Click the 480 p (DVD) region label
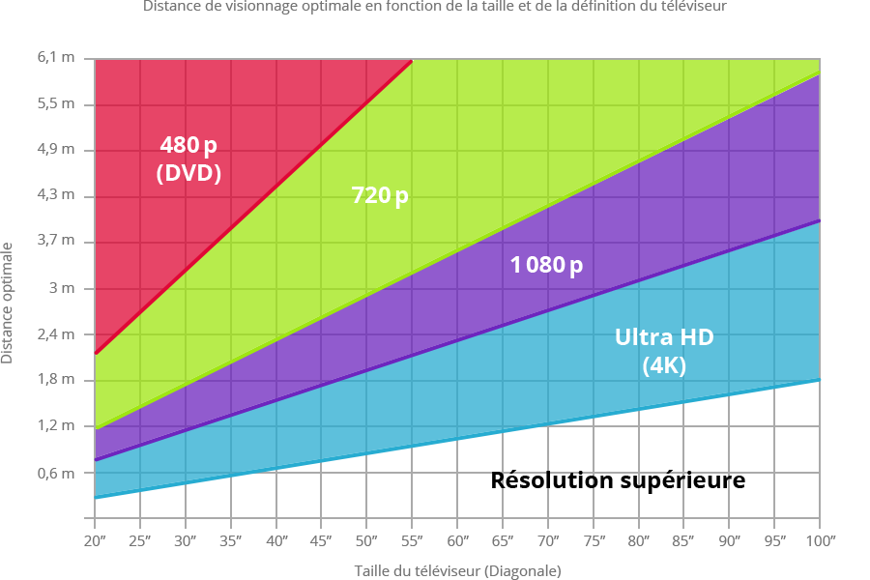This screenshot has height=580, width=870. pos(188,159)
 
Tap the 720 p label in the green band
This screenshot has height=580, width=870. pos(380,196)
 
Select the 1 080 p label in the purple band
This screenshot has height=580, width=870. pos(546,265)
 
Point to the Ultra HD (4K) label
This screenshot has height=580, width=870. pos(664,352)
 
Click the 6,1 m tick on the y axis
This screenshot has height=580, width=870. pos(55,58)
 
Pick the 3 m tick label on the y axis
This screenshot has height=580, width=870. pos(62,289)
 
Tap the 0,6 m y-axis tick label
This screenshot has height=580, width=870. pos(55,473)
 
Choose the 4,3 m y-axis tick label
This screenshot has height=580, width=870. pos(55,195)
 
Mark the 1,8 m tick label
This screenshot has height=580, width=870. pos(55,380)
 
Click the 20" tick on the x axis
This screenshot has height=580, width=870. pos(95,539)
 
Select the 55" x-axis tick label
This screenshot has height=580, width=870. pos(413,539)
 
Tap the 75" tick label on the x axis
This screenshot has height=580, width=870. pos(594,539)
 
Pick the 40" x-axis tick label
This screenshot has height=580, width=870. pos(276,539)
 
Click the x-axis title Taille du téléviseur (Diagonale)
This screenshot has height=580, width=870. pos(457,570)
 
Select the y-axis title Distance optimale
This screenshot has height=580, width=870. pos(8,303)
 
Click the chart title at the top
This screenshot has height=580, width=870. pos(435,6)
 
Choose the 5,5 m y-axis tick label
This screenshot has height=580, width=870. pos(55,103)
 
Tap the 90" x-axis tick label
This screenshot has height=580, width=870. pos(730,539)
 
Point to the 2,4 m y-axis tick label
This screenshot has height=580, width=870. pos(55,334)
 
